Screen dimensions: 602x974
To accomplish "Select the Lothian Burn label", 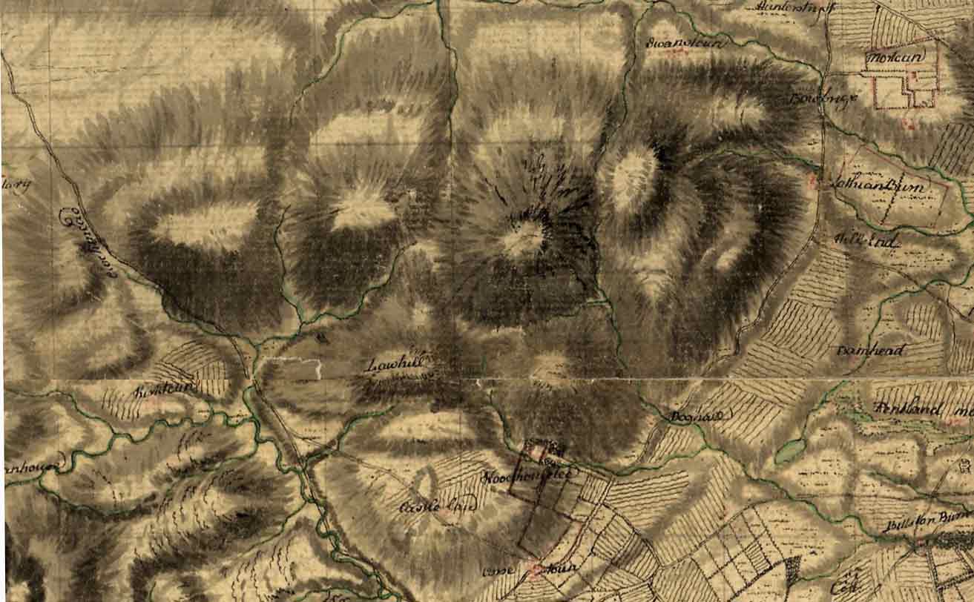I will click(883, 188).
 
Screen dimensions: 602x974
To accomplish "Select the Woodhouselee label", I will click(527, 477).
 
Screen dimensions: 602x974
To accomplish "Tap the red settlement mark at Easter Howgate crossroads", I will click(537, 569).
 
